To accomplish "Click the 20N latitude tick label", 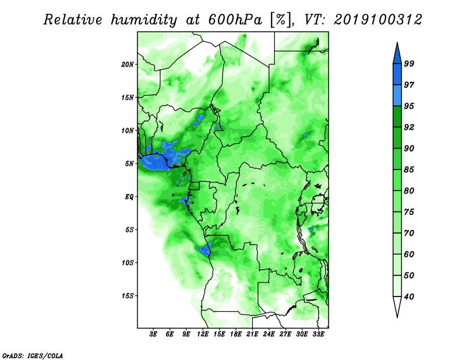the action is (x=128, y=65).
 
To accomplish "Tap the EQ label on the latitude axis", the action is (x=129, y=197).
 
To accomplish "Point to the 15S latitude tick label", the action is (x=128, y=296).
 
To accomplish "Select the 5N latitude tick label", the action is (x=129, y=164).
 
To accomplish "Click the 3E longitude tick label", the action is (x=153, y=334).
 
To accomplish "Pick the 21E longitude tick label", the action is (x=252, y=334).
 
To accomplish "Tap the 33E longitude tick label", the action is (x=318, y=334).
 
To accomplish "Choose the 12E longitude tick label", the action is (x=203, y=334).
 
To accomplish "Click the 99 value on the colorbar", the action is (x=409, y=63).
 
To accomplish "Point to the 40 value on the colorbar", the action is (x=409, y=297).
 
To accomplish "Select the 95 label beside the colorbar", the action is (x=409, y=106).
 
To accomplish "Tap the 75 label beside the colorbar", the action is (x=409, y=212).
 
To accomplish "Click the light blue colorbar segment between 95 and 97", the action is (x=397, y=96).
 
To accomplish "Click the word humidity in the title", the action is (x=144, y=20).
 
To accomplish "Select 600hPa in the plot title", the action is (x=235, y=20).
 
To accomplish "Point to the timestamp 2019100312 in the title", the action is (x=377, y=20).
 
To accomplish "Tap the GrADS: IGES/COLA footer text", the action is (x=33, y=355).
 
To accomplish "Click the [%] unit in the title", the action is (x=281, y=20).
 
